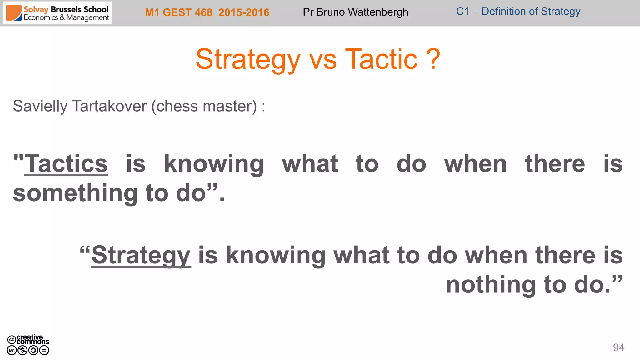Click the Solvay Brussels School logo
(57, 13)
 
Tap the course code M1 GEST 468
(178, 12)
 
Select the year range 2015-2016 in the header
(244, 12)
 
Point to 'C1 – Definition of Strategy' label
(518, 12)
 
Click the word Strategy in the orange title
(248, 59)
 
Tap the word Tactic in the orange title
(381, 59)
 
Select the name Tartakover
(109, 106)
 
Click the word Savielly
(40, 106)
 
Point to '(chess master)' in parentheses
(206, 106)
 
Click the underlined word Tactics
(66, 164)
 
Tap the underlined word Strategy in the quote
(141, 256)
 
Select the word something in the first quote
(75, 193)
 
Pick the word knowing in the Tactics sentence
(214, 164)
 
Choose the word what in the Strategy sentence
(362, 256)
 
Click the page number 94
(618, 347)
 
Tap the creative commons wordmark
(32, 339)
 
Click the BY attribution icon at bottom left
(12, 350)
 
